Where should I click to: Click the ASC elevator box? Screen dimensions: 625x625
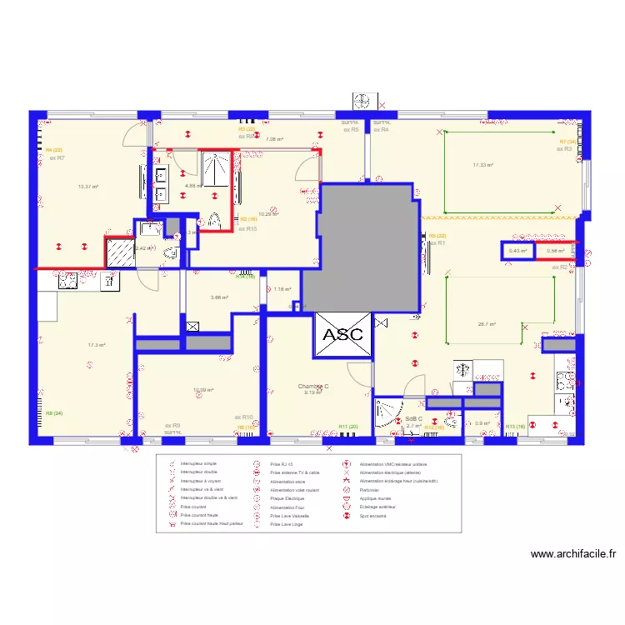click(x=343, y=334)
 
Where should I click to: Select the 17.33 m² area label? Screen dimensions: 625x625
click(x=482, y=165)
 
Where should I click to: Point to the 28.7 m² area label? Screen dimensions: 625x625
click(x=487, y=324)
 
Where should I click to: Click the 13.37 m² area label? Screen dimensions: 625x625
click(x=87, y=187)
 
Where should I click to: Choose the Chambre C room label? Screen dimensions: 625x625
click(x=313, y=387)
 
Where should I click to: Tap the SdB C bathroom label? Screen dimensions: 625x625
click(x=414, y=419)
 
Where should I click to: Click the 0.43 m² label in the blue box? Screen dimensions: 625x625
click(x=518, y=251)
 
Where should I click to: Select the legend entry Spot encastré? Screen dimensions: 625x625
click(x=372, y=517)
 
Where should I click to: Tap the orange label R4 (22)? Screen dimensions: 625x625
click(x=54, y=149)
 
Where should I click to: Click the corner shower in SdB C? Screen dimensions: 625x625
click(x=387, y=413)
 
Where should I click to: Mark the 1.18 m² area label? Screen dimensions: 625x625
click(x=283, y=289)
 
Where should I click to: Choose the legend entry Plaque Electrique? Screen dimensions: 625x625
click(x=287, y=498)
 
